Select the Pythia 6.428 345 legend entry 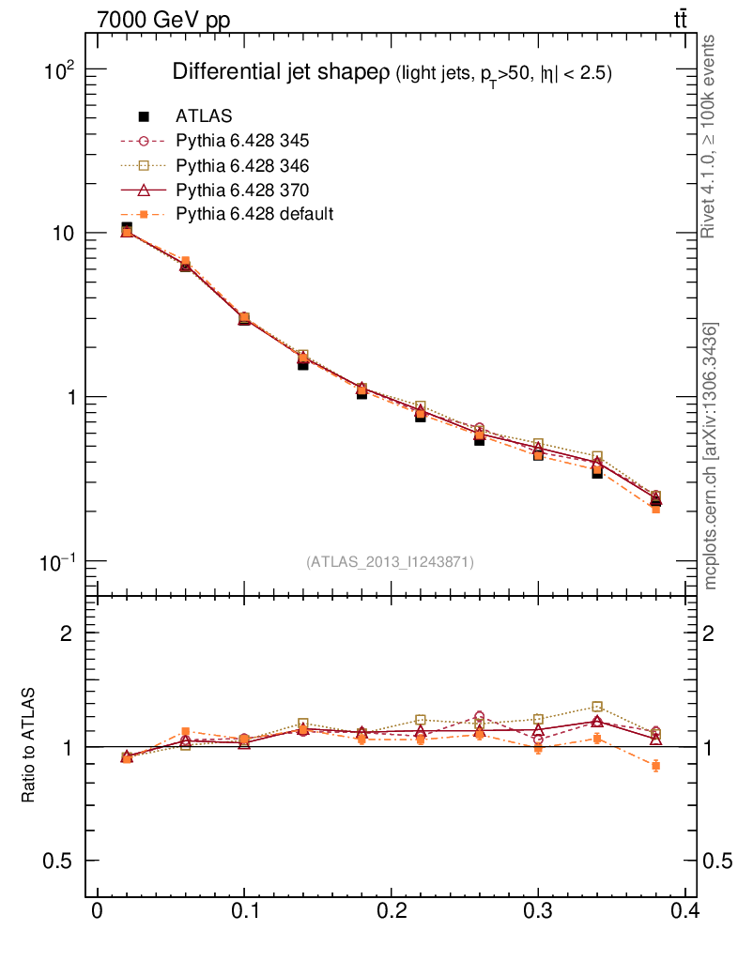242,141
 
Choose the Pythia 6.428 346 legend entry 242,165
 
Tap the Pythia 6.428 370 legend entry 242,190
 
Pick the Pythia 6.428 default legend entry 254,214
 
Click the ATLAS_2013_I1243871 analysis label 390,562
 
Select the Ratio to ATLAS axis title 29,745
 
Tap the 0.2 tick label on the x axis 391,911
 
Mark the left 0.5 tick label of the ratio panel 62,861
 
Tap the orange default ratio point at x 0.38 655,766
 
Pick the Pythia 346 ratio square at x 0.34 597,707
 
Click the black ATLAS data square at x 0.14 303,364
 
